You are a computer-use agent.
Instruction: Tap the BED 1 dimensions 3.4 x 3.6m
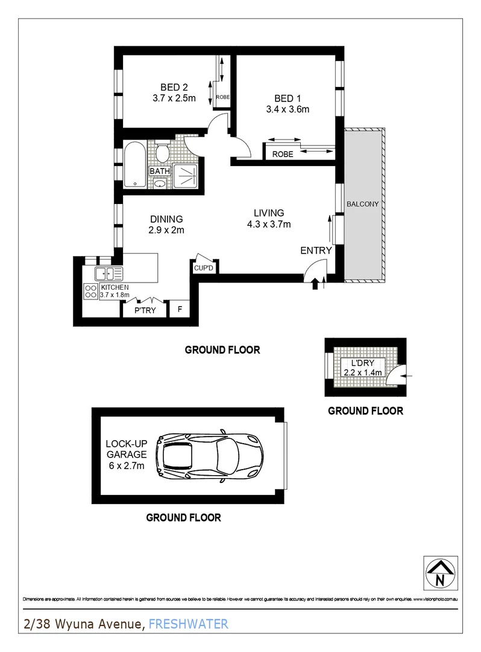tap(288, 110)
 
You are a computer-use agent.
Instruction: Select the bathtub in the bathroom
tap(134, 164)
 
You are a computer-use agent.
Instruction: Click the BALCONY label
tap(363, 204)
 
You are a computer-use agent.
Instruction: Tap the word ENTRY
tap(316, 251)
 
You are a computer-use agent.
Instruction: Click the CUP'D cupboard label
tap(203, 268)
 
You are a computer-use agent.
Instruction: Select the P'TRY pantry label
tap(145, 310)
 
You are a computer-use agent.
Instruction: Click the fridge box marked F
tap(180, 310)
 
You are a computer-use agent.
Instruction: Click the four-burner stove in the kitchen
tap(90, 292)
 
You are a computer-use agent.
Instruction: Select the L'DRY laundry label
tap(354, 363)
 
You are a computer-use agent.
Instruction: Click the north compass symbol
tap(440, 570)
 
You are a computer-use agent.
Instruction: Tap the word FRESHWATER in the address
tap(188, 624)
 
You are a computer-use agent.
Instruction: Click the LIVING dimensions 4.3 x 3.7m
tap(268, 225)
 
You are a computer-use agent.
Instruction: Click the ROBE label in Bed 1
tap(283, 154)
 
